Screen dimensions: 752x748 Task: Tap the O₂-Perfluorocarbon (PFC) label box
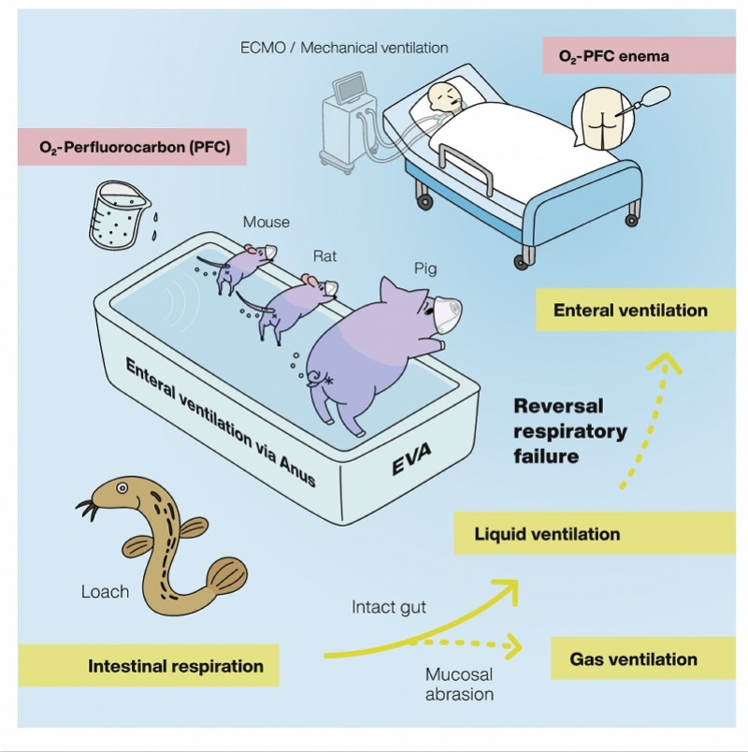[132, 147]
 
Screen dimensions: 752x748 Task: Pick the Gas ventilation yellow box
[633, 659]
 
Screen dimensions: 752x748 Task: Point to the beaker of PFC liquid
[115, 213]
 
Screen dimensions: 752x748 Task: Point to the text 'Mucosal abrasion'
[458, 684]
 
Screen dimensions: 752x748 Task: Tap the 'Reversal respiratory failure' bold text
[570, 431]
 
